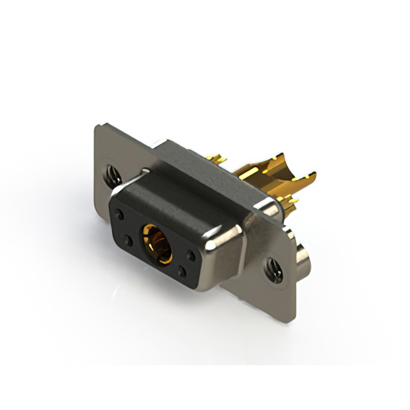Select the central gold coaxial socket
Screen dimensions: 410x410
(x=156, y=245)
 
